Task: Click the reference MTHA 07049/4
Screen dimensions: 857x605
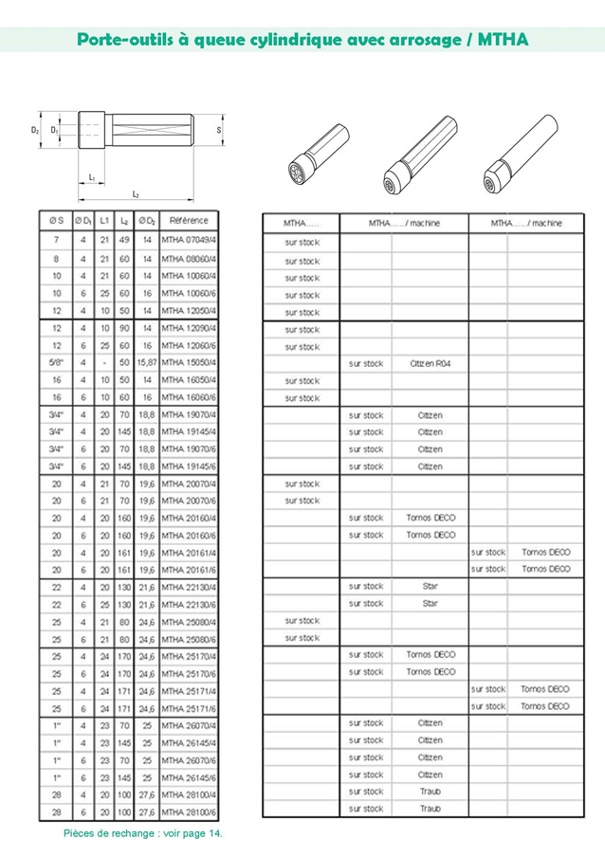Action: pyautogui.click(x=189, y=241)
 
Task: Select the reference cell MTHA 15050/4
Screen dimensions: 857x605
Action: pyautogui.click(x=189, y=362)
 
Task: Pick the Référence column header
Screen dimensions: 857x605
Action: pyautogui.click(x=189, y=221)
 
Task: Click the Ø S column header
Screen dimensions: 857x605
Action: pyautogui.click(x=56, y=221)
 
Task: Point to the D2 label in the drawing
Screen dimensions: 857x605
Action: pyautogui.click(x=34, y=130)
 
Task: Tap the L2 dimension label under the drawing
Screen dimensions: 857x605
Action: pyautogui.click(x=136, y=194)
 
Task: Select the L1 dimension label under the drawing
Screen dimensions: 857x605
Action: pyautogui.click(x=92, y=177)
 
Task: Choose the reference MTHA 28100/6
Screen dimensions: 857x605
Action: pyautogui.click(x=189, y=812)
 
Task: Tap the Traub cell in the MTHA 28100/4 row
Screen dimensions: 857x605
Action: pyautogui.click(x=430, y=792)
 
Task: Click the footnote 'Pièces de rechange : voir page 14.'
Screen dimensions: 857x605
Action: pyautogui.click(x=143, y=833)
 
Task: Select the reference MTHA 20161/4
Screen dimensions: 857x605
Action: pyautogui.click(x=189, y=552)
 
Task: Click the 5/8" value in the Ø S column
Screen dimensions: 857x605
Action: pyautogui.click(x=56, y=362)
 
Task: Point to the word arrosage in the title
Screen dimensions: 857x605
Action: pyautogui.click(x=414, y=40)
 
